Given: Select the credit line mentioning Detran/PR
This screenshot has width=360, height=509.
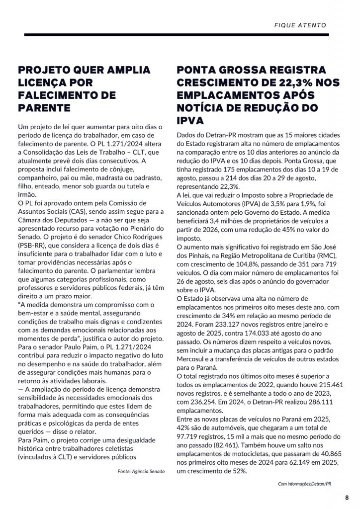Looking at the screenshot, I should point(304,484).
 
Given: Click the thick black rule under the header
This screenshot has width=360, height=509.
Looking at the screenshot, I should point(180,35).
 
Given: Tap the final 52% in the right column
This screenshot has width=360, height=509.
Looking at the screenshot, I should point(239,471).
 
